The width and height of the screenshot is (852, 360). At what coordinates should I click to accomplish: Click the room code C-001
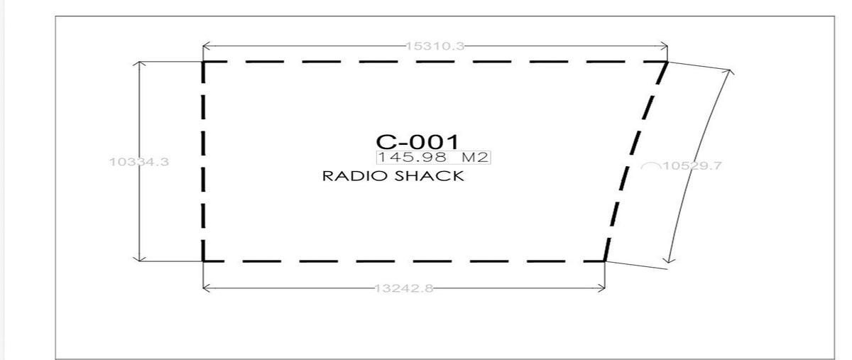coord(417,142)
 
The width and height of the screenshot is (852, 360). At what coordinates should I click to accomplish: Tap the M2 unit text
coord(475,157)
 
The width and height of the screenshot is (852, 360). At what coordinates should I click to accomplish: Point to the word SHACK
coord(429,176)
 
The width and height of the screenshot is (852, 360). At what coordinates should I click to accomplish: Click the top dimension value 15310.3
coord(435,46)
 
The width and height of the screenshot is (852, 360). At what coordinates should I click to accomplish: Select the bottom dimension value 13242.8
coord(404,288)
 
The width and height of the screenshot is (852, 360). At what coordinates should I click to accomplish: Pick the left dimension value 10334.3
coord(139,162)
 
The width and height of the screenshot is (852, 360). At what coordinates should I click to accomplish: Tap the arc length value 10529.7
coord(692,166)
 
